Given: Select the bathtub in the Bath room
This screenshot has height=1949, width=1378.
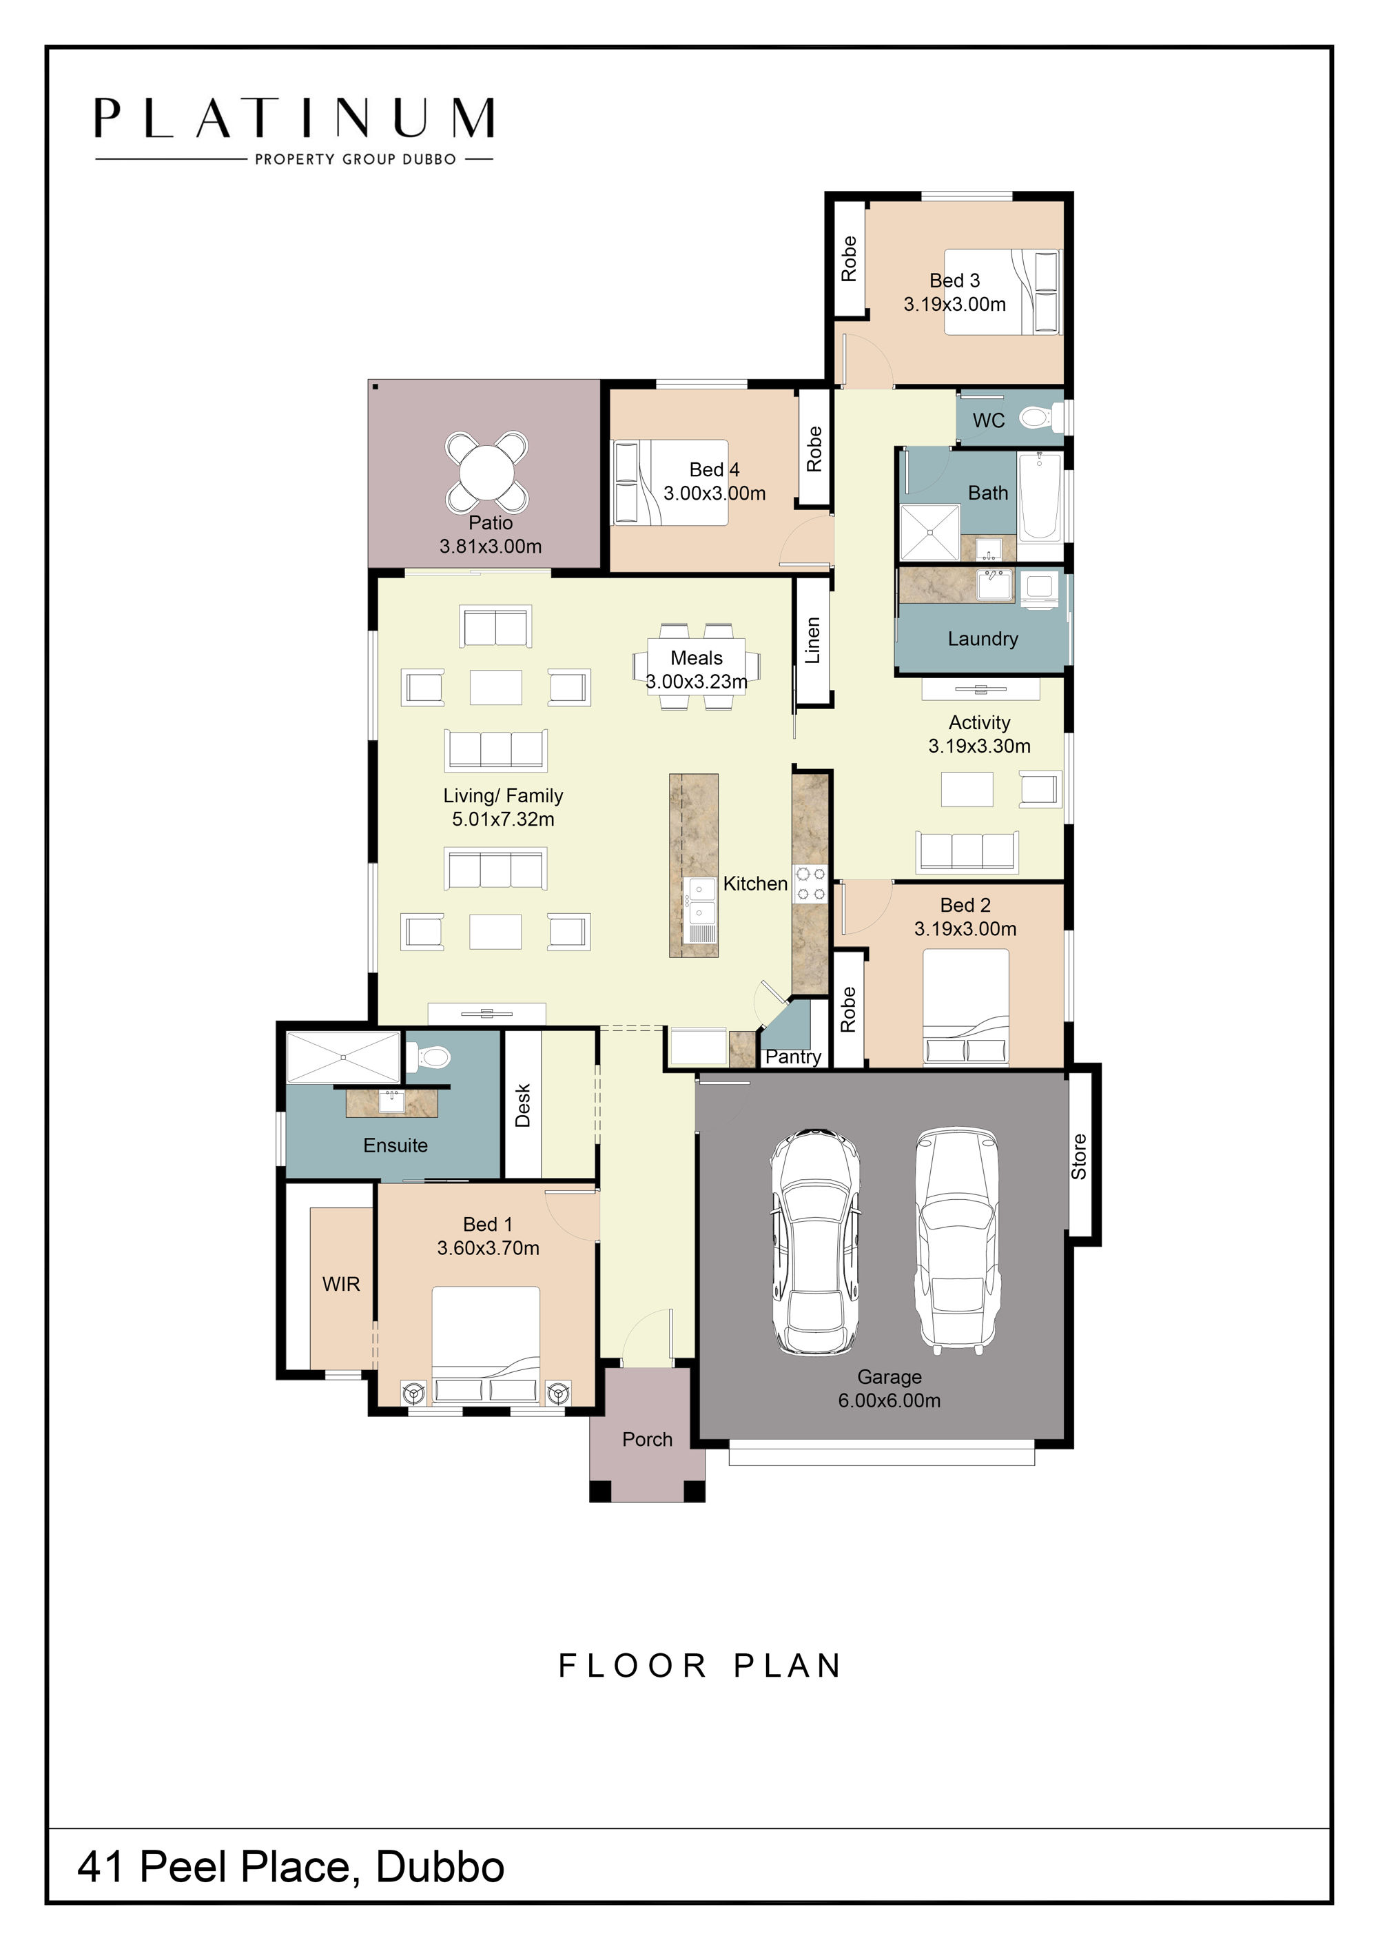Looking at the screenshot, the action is [1040, 497].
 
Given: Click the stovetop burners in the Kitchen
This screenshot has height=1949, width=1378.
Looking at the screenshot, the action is [810, 883].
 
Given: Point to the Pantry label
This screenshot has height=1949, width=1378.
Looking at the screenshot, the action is [793, 1057].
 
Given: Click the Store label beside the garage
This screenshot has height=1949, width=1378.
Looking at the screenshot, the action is [1078, 1156].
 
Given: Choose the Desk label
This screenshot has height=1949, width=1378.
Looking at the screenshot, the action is [523, 1105].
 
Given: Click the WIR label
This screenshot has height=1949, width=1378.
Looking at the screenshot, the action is [341, 1285].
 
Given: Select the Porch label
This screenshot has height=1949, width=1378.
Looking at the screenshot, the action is [648, 1439].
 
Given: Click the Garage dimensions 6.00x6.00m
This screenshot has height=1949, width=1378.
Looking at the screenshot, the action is [889, 1400].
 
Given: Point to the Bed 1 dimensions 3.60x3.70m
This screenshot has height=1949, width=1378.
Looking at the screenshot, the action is [488, 1248].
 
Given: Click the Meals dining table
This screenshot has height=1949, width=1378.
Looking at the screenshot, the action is [697, 667].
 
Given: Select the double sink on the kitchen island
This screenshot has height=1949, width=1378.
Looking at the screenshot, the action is [701, 901].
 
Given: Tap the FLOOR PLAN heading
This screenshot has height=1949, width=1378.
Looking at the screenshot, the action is [700, 1666].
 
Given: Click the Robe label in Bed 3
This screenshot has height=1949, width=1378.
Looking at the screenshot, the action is [849, 259].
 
